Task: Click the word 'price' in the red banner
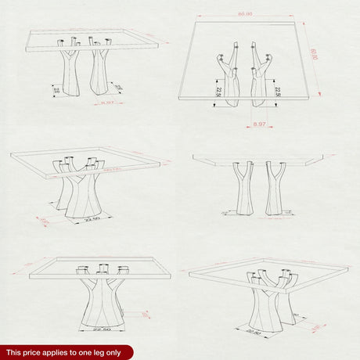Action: point(34,353)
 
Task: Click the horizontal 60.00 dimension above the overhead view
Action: point(245,13)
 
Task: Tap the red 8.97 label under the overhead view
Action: point(259,124)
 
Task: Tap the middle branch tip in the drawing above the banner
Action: point(103,267)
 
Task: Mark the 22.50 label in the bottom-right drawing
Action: point(253,332)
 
